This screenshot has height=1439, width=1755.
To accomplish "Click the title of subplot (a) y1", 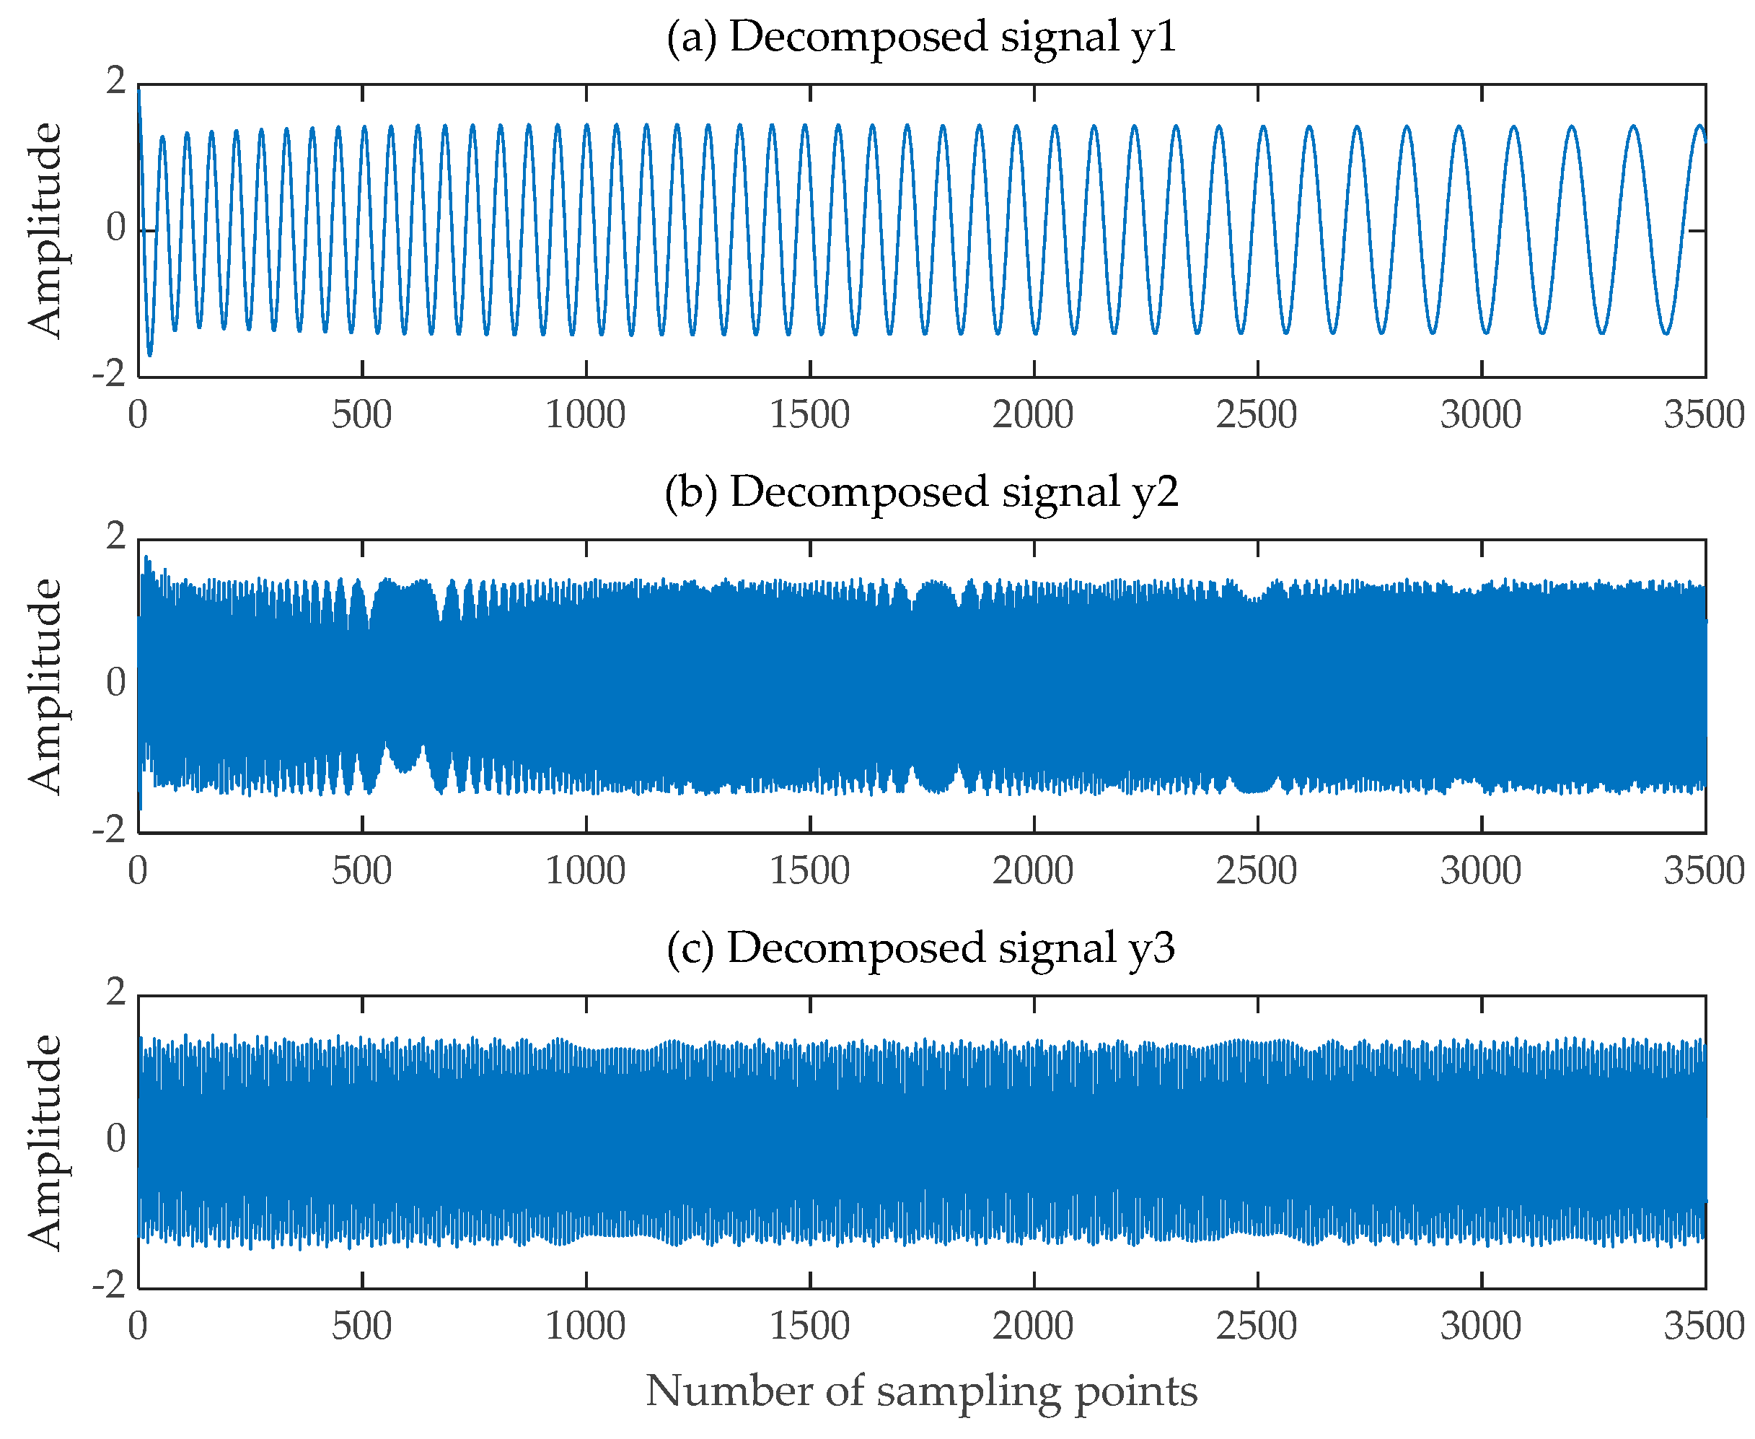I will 920,38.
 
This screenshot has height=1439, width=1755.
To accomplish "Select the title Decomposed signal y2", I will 920,492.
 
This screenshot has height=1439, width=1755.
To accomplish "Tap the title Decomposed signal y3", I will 920,948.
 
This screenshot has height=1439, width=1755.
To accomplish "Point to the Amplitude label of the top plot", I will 45,230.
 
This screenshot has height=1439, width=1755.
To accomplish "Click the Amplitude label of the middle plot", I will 45,686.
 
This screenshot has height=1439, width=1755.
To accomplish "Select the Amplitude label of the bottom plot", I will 45,1142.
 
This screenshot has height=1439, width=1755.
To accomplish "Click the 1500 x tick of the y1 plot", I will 809,415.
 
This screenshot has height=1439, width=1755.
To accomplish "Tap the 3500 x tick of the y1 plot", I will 1704,415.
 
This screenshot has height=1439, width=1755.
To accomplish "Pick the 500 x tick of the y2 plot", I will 362,871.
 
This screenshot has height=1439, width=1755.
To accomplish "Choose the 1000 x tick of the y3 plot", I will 585,1326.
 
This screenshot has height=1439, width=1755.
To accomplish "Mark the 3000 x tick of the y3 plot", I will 1480,1326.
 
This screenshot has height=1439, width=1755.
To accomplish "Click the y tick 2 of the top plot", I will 116,82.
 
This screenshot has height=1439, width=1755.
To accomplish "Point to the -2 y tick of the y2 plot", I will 110,830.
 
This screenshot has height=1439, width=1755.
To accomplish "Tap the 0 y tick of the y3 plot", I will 116,1138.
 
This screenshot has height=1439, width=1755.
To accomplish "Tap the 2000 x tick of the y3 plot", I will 1032,1326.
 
